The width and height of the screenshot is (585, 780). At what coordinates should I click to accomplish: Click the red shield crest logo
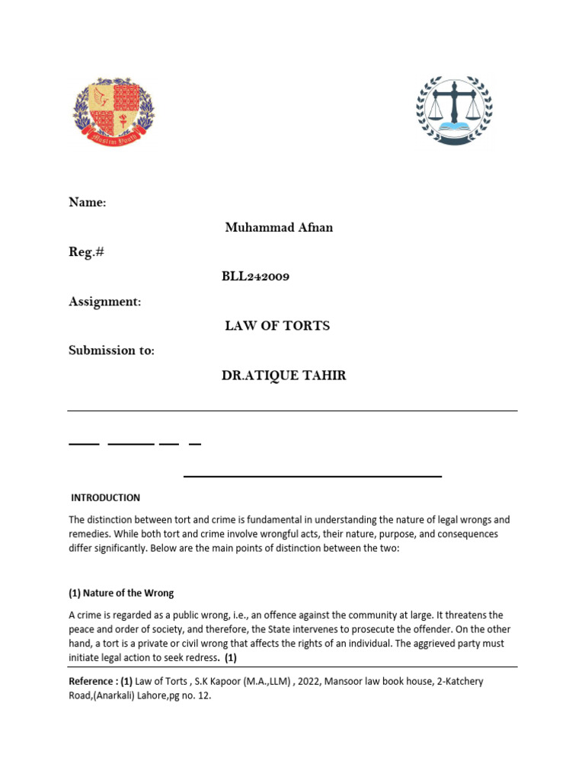(113, 112)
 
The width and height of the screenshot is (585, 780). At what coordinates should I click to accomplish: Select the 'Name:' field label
(88, 202)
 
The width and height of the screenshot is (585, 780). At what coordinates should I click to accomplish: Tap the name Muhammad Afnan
(279, 228)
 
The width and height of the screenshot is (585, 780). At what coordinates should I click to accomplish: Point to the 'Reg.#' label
(86, 252)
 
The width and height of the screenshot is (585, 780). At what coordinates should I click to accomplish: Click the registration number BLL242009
(256, 277)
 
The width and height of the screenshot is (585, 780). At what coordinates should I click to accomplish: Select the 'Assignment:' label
(105, 302)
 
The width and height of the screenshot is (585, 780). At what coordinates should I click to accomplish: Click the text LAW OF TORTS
(277, 326)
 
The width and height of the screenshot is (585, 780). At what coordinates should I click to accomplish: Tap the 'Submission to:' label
(111, 350)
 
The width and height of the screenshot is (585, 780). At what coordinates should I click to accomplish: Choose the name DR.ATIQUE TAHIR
(283, 376)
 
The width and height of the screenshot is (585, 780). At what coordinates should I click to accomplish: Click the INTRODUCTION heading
(105, 497)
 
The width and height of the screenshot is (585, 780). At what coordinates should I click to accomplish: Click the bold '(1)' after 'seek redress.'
(231, 658)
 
